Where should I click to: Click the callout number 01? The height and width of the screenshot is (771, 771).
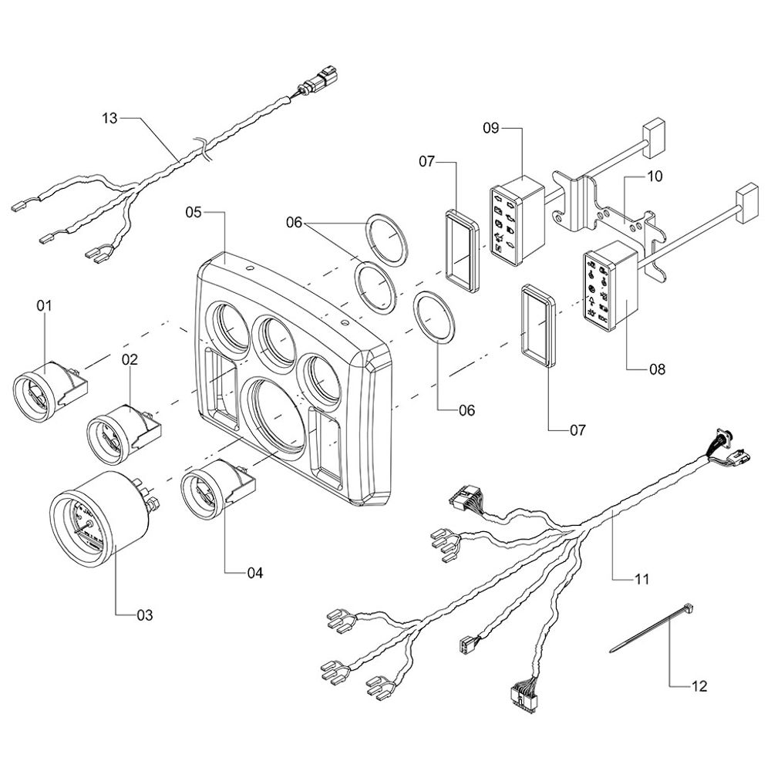(44, 306)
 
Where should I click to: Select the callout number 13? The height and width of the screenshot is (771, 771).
(111, 118)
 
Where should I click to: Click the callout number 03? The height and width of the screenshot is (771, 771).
(145, 615)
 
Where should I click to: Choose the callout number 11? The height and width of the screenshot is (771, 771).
(641, 577)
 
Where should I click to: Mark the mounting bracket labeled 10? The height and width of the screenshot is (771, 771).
(617, 216)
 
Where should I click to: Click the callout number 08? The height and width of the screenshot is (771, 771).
(656, 369)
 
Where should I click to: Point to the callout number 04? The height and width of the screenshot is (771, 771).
(254, 573)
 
